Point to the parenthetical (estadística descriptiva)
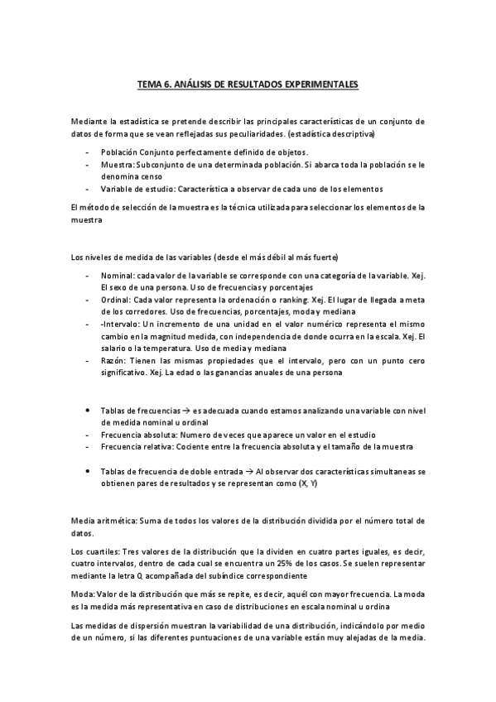331,133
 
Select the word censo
152,176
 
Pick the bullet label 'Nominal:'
118,274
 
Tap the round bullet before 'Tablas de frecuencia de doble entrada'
89,470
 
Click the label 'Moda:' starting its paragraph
84,594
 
